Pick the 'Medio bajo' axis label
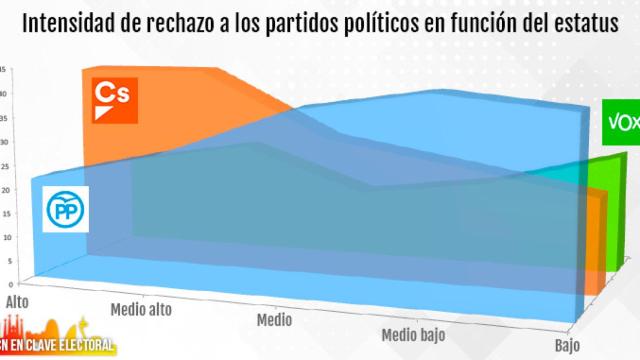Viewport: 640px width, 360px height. pyautogui.click(x=413, y=333)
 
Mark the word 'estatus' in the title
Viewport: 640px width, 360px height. pyautogui.click(x=587, y=23)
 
